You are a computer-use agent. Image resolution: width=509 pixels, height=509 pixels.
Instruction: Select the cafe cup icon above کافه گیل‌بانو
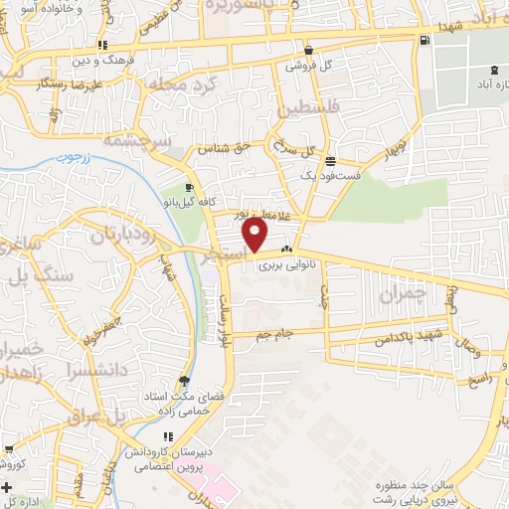pyautogui.click(x=189, y=185)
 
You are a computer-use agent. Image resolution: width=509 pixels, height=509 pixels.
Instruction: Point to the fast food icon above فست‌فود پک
pyautogui.click(x=330, y=161)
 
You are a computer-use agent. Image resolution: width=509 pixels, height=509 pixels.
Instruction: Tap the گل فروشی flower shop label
pyautogui.click(x=307, y=66)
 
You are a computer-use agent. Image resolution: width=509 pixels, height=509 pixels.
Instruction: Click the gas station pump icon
pyautogui.click(x=425, y=41)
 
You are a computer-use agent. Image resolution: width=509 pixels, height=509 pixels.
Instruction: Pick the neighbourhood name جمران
pyautogui.click(x=402, y=295)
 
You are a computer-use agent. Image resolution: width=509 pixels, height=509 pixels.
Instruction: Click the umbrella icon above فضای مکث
pyautogui.click(x=183, y=382)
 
